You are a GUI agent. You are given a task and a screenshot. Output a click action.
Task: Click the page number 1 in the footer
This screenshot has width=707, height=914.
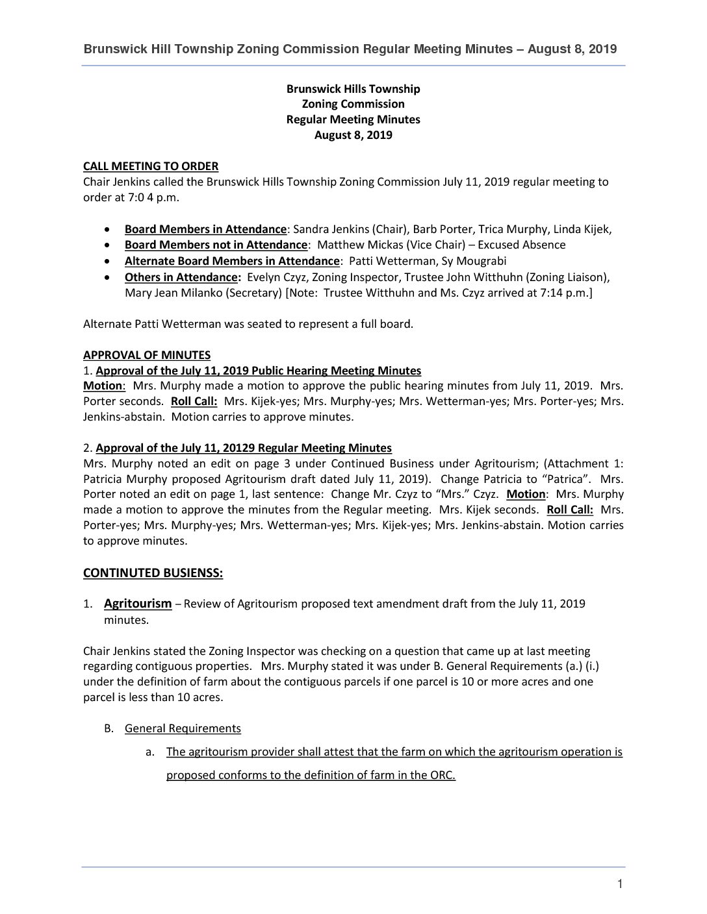pyautogui.click(x=620, y=883)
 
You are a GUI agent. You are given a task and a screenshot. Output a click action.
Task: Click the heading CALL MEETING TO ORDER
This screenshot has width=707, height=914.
pyautogui.click(x=151, y=166)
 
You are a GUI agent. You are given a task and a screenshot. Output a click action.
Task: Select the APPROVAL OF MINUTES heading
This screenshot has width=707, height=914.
pyautogui.click(x=147, y=355)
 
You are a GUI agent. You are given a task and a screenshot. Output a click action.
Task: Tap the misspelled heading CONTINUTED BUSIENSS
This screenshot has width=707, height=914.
pyautogui.click(x=153, y=573)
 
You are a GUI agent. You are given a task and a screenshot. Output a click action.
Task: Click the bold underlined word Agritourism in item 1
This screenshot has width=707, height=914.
pyautogui.click(x=138, y=604)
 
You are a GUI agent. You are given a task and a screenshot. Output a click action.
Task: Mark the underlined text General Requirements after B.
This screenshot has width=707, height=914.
pyautogui.click(x=183, y=728)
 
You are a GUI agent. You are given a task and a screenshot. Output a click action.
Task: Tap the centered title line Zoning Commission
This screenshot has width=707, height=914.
pyautogui.click(x=353, y=104)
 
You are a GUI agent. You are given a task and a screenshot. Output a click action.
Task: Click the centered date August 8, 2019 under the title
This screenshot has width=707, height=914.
pyautogui.click(x=353, y=135)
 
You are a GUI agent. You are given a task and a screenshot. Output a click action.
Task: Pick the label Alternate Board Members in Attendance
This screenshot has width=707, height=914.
pyautogui.click(x=232, y=261)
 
